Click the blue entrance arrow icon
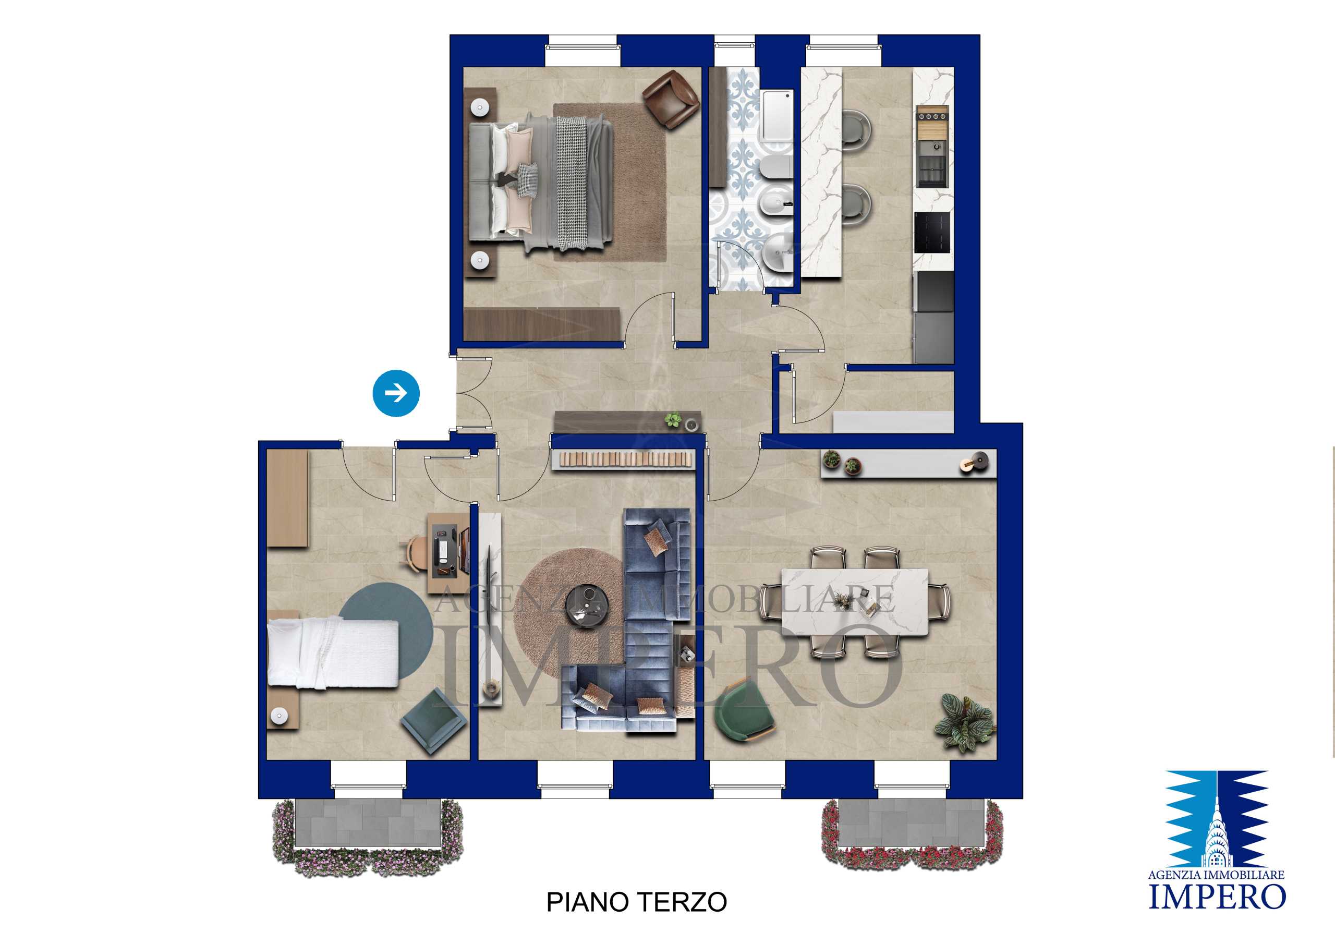396,393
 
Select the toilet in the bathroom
775,170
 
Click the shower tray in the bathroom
778,119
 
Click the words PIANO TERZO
637,902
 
